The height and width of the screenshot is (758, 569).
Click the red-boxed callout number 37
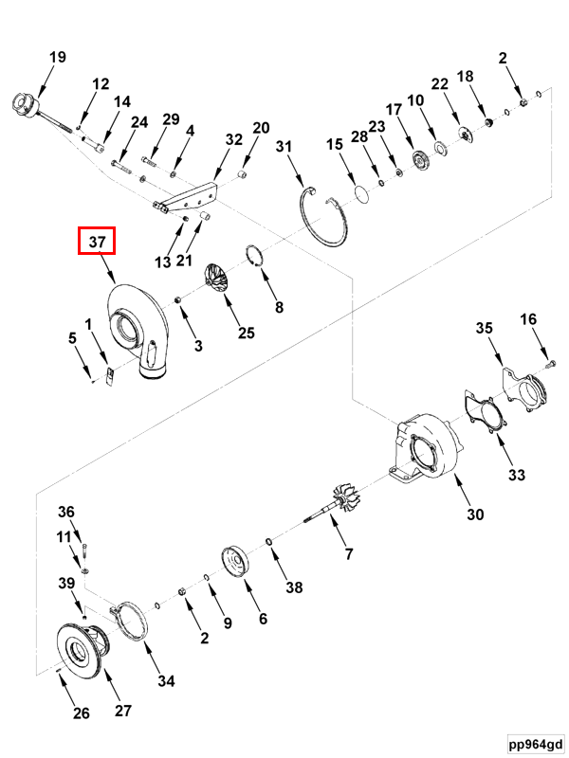pos(96,243)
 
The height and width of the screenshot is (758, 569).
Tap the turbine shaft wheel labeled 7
pos(338,503)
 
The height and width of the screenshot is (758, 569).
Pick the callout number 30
pos(474,514)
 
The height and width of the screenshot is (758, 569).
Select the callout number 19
pos(57,57)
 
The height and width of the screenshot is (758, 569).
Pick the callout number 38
pos(294,587)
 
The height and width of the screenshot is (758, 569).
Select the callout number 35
pos(485,329)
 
